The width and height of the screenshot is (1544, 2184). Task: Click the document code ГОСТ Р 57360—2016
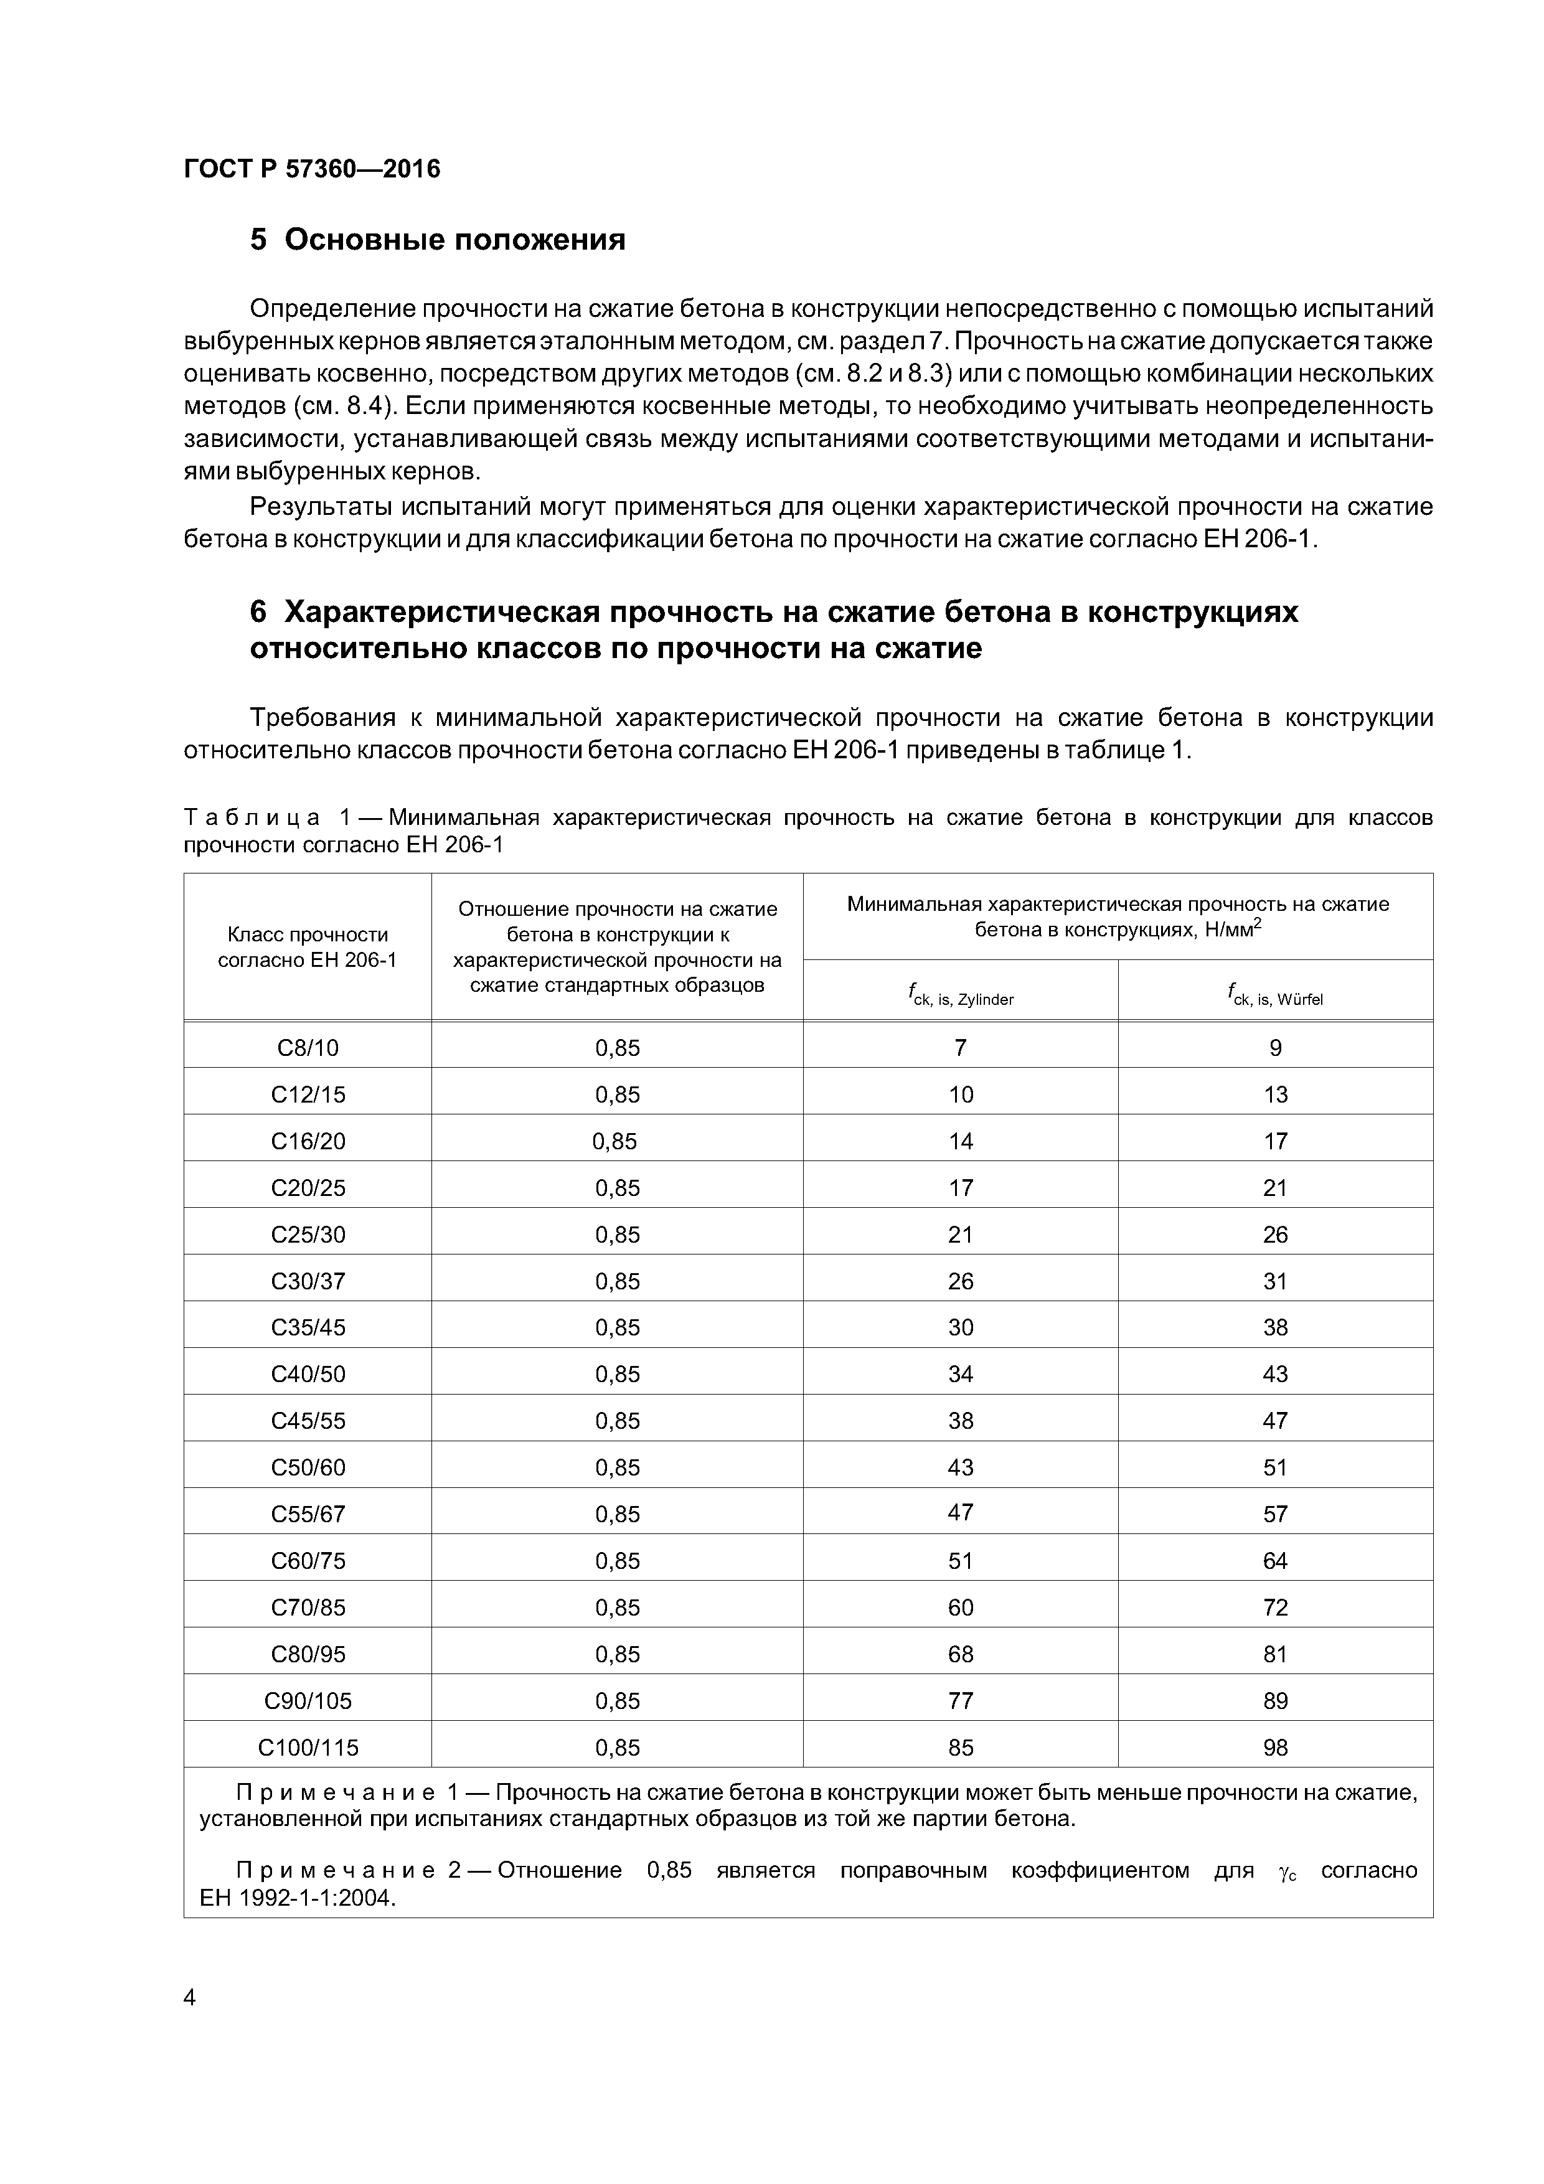(311, 169)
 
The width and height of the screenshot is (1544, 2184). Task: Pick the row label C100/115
(308, 1748)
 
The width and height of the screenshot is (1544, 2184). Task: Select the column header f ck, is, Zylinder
(960, 997)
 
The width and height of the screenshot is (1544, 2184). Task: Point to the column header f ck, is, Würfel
(1275, 997)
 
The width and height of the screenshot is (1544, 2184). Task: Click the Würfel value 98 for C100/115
(1275, 1748)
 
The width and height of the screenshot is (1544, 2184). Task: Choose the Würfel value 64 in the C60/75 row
(1275, 1561)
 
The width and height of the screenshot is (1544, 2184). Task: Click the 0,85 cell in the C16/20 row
(614, 1141)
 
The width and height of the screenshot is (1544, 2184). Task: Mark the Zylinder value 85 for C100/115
(960, 1748)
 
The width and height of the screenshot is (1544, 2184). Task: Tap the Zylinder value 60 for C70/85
(960, 1607)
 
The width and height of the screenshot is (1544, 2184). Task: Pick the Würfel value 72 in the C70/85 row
(1275, 1607)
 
